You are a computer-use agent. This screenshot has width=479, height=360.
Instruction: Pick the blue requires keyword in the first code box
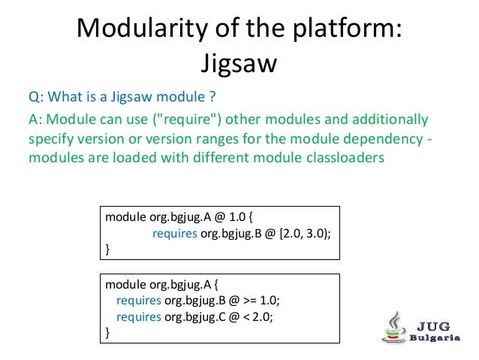(174, 233)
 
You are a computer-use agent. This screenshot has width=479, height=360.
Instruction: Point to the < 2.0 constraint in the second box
(256, 316)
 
